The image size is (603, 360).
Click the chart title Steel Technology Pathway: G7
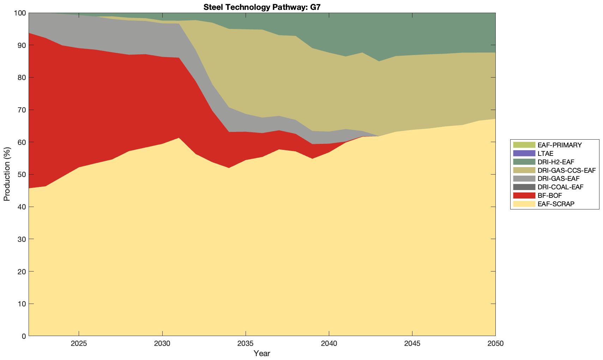pyautogui.click(x=262, y=7)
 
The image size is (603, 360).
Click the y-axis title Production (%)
pyautogui.click(x=7, y=174)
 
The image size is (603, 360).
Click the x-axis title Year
pyautogui.click(x=262, y=353)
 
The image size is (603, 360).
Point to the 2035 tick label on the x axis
pyautogui.click(x=245, y=344)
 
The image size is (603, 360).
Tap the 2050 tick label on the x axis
pyautogui.click(x=495, y=344)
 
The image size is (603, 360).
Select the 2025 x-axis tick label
pyautogui.click(x=79, y=344)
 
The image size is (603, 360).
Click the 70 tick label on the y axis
pyautogui.click(x=21, y=110)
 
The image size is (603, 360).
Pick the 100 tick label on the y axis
pyautogui.click(x=19, y=13)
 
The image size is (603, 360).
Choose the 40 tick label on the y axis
pyautogui.click(x=21, y=207)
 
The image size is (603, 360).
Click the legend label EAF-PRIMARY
pyautogui.click(x=560, y=145)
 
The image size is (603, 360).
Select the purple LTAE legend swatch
pyautogui.click(x=524, y=153)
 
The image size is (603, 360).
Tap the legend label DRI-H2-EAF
pyautogui.click(x=556, y=162)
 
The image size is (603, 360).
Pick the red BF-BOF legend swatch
pyautogui.click(x=524, y=195)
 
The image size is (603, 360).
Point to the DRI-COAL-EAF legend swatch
pyautogui.click(x=524, y=187)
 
